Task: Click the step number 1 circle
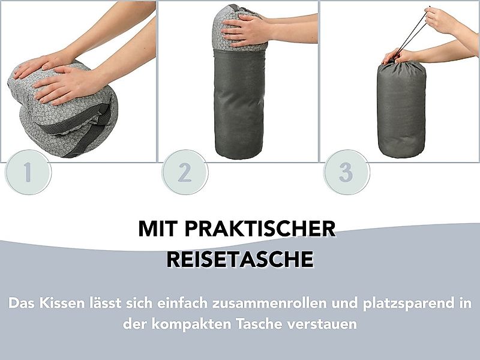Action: click(x=28, y=172)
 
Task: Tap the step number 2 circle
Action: click(x=185, y=172)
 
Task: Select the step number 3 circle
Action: click(x=346, y=172)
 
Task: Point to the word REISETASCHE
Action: click(x=240, y=260)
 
